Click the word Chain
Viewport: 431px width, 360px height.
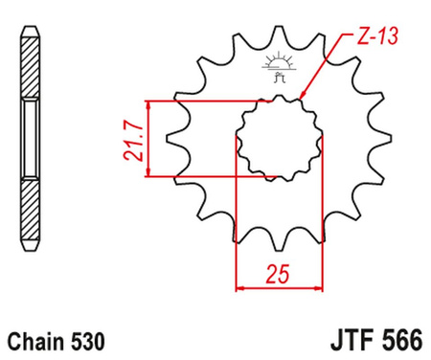tap(35, 341)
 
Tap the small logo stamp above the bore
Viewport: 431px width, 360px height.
tap(281, 68)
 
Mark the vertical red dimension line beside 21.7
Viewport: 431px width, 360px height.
tap(147, 139)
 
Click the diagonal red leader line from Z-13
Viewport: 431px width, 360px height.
tap(326, 65)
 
